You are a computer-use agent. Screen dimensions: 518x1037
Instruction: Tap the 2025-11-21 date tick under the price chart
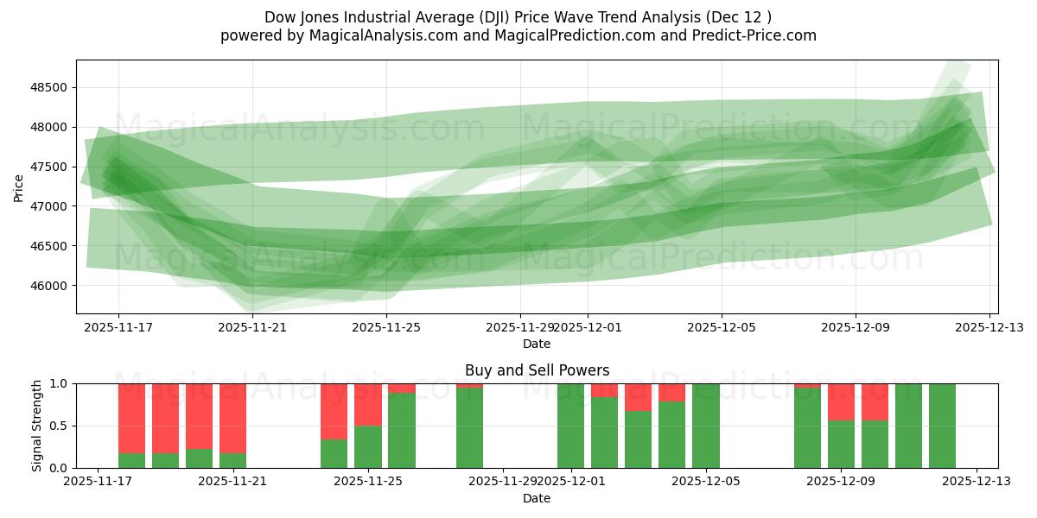point(252,328)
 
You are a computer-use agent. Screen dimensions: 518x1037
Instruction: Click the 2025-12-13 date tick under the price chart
point(989,328)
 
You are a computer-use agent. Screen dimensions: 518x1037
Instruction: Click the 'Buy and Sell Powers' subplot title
point(537,370)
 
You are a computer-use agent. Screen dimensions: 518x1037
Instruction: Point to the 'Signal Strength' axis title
point(36,426)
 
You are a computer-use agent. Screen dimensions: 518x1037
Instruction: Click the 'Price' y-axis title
point(19,186)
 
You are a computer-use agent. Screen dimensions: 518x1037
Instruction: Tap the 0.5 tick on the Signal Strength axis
point(59,426)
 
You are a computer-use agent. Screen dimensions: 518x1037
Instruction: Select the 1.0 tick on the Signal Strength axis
point(59,383)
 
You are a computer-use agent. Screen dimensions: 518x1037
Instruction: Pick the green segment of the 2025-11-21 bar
point(232,460)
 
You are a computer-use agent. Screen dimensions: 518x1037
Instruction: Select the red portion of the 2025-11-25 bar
point(368,404)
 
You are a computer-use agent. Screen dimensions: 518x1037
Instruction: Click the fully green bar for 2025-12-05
point(706,426)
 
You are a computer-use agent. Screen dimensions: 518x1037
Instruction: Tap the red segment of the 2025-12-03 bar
point(639,397)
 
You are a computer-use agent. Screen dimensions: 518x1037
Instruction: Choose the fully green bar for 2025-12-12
point(942,426)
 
